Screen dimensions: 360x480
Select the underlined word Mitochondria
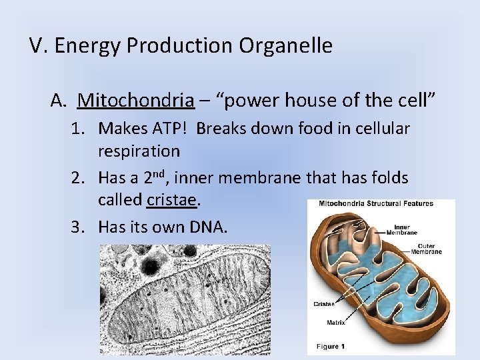pyautogui.click(x=136, y=101)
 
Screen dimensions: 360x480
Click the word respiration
pyautogui.click(x=139, y=151)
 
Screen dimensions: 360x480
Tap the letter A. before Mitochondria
pyautogui.click(x=59, y=101)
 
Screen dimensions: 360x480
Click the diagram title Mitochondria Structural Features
pyautogui.click(x=375, y=204)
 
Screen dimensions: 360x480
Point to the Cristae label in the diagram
pyautogui.click(x=323, y=303)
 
